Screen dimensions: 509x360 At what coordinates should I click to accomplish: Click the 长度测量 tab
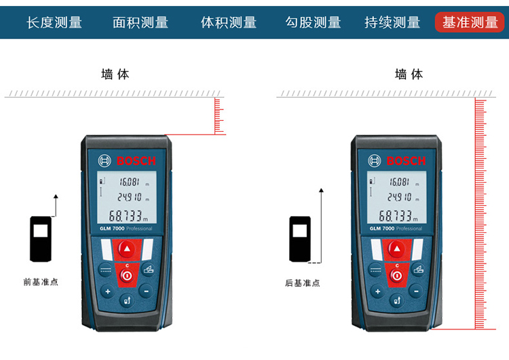(x=54, y=22)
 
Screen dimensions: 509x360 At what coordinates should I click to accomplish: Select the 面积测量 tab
(x=140, y=22)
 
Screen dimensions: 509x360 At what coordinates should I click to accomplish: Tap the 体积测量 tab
(x=229, y=22)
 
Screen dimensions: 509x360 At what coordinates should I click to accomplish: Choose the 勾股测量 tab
(x=314, y=22)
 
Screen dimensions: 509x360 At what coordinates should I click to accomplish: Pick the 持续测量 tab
(x=392, y=22)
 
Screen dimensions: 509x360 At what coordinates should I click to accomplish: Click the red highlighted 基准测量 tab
(x=470, y=22)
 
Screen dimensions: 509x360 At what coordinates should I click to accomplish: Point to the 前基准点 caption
(x=41, y=282)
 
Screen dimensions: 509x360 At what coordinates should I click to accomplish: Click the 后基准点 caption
(x=303, y=283)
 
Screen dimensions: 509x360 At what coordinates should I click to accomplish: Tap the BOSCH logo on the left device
(x=127, y=161)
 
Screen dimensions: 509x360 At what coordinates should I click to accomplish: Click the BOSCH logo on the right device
(x=397, y=161)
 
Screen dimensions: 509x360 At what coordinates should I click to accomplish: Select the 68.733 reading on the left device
(x=128, y=216)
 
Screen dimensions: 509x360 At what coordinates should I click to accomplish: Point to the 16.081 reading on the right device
(x=399, y=181)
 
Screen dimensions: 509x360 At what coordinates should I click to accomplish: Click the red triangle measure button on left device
(x=127, y=249)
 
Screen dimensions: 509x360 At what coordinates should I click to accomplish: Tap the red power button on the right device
(x=397, y=276)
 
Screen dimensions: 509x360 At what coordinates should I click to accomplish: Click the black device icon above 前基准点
(x=41, y=239)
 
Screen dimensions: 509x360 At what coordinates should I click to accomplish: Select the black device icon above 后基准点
(x=300, y=239)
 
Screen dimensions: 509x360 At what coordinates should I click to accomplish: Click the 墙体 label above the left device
(x=115, y=75)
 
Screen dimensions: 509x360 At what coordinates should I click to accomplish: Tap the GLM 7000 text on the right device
(x=381, y=228)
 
